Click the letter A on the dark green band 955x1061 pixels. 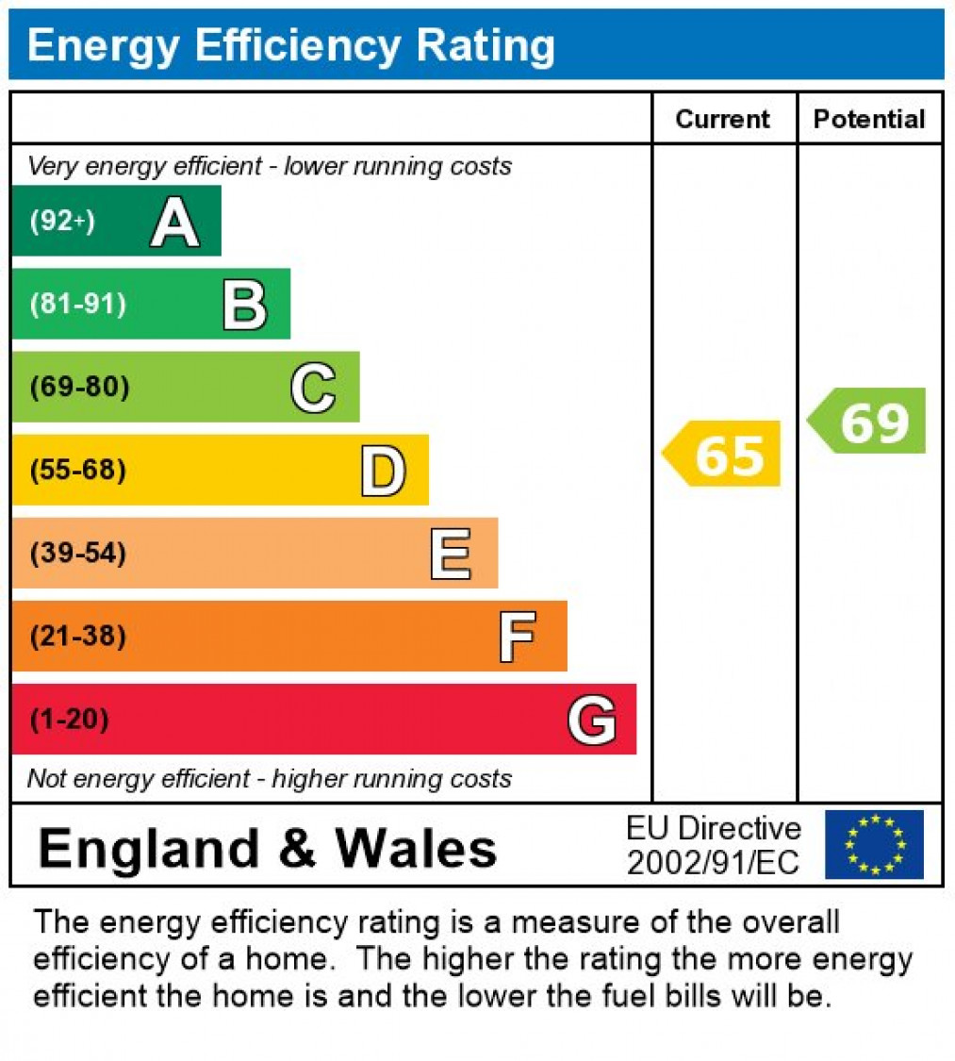pyautogui.click(x=175, y=223)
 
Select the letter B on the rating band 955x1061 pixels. pyautogui.click(x=245, y=305)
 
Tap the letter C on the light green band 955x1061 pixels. pyautogui.click(x=313, y=388)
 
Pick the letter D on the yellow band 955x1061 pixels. pyautogui.click(x=383, y=471)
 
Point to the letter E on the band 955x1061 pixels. pyautogui.click(x=451, y=554)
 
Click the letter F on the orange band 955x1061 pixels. pyautogui.click(x=518, y=637)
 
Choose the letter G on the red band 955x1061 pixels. pyautogui.click(x=592, y=721)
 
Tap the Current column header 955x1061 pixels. pyautogui.click(x=723, y=119)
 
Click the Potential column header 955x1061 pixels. pyautogui.click(x=869, y=119)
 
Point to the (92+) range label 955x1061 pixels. pyautogui.click(x=62, y=222)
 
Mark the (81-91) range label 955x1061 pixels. pyautogui.click(x=78, y=305)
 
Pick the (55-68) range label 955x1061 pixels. pyautogui.click(x=78, y=470)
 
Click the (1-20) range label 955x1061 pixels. pyautogui.click(x=70, y=720)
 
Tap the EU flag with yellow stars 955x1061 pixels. pyautogui.click(x=874, y=845)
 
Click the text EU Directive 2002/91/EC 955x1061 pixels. pyautogui.click(x=714, y=845)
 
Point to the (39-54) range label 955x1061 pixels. pyautogui.click(x=78, y=553)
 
